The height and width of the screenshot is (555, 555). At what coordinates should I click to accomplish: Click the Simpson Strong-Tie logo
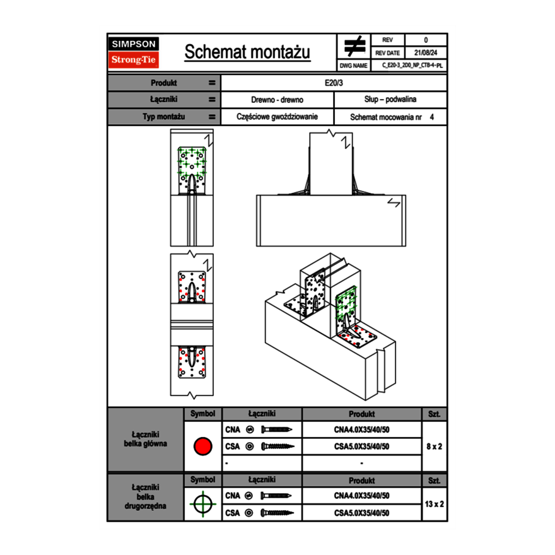[134, 52]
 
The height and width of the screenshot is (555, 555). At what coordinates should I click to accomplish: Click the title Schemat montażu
[247, 52]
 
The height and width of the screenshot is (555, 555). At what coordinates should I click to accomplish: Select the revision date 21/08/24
[425, 53]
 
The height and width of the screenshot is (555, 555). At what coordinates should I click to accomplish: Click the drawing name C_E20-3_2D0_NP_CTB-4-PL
[412, 65]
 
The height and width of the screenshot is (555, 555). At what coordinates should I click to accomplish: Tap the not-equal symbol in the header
[354, 47]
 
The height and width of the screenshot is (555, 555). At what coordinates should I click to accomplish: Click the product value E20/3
[334, 83]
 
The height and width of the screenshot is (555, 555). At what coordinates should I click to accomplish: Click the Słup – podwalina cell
[390, 100]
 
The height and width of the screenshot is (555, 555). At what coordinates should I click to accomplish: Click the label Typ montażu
[163, 117]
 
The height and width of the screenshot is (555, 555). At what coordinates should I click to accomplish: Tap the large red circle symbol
[202, 447]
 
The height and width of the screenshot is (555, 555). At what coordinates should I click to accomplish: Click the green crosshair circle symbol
[202, 504]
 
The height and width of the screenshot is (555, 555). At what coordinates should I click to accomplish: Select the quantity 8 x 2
[434, 447]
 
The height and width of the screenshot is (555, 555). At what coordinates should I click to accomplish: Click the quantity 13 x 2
[434, 504]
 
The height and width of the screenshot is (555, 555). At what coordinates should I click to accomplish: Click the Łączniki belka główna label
[145, 439]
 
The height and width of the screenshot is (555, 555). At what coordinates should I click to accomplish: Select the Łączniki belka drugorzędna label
[145, 496]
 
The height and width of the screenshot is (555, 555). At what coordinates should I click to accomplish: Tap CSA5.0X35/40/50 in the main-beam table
[361, 447]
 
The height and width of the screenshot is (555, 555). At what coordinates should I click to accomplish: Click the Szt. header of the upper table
[434, 414]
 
